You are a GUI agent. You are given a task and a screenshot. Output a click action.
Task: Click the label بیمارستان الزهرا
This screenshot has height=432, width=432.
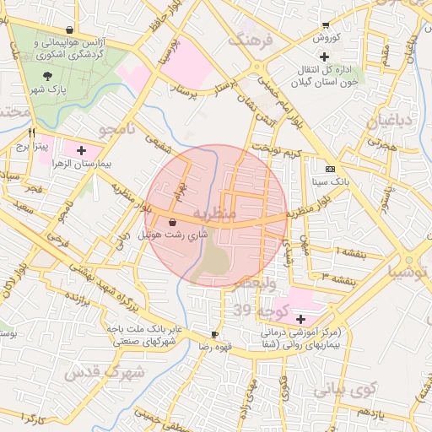pos(85,165)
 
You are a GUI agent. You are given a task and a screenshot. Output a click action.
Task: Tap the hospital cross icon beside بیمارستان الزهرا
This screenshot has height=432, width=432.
pos(81,151)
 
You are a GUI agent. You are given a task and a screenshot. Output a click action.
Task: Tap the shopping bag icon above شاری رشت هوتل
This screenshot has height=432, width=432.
pos(173,222)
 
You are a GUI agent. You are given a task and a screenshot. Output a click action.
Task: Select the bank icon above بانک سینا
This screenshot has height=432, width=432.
pos(329,169)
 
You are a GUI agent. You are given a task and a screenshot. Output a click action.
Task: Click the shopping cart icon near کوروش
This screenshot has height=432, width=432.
pos(326,25)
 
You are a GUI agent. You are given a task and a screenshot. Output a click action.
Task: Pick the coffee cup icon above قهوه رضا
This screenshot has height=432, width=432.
pos(215,334)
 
